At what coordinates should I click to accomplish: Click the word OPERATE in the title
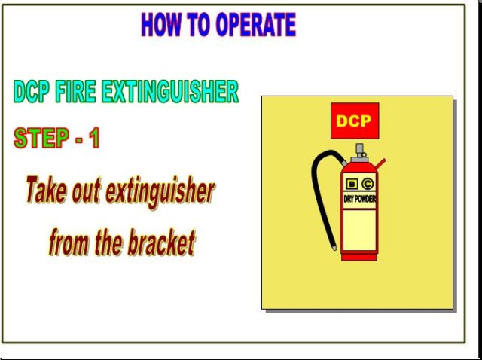(256, 25)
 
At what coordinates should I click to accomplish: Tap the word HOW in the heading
(160, 25)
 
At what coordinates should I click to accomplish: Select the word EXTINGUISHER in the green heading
(170, 92)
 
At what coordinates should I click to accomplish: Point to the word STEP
(41, 138)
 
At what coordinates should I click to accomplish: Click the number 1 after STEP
(94, 138)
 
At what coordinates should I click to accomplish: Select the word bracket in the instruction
(161, 243)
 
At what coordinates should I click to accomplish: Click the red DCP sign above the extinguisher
(355, 121)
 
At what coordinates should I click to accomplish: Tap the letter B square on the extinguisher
(352, 184)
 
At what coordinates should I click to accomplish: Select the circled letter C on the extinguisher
(368, 184)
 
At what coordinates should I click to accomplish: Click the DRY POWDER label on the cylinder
(360, 200)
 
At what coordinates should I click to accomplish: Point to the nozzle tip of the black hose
(334, 248)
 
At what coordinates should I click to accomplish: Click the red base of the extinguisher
(359, 256)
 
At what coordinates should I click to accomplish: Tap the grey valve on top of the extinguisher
(359, 153)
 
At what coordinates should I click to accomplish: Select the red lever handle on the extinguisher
(380, 163)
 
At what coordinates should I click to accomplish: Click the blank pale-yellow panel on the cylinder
(359, 230)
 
